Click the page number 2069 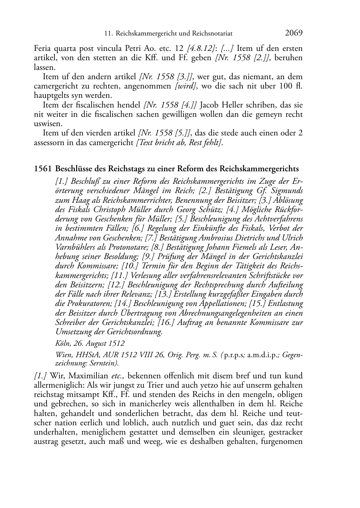point(294,33)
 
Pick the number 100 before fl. point(284,86)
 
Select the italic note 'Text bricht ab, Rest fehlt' point(179,143)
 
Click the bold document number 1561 point(43,168)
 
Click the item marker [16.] point(167,322)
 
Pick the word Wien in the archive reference point(63,355)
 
